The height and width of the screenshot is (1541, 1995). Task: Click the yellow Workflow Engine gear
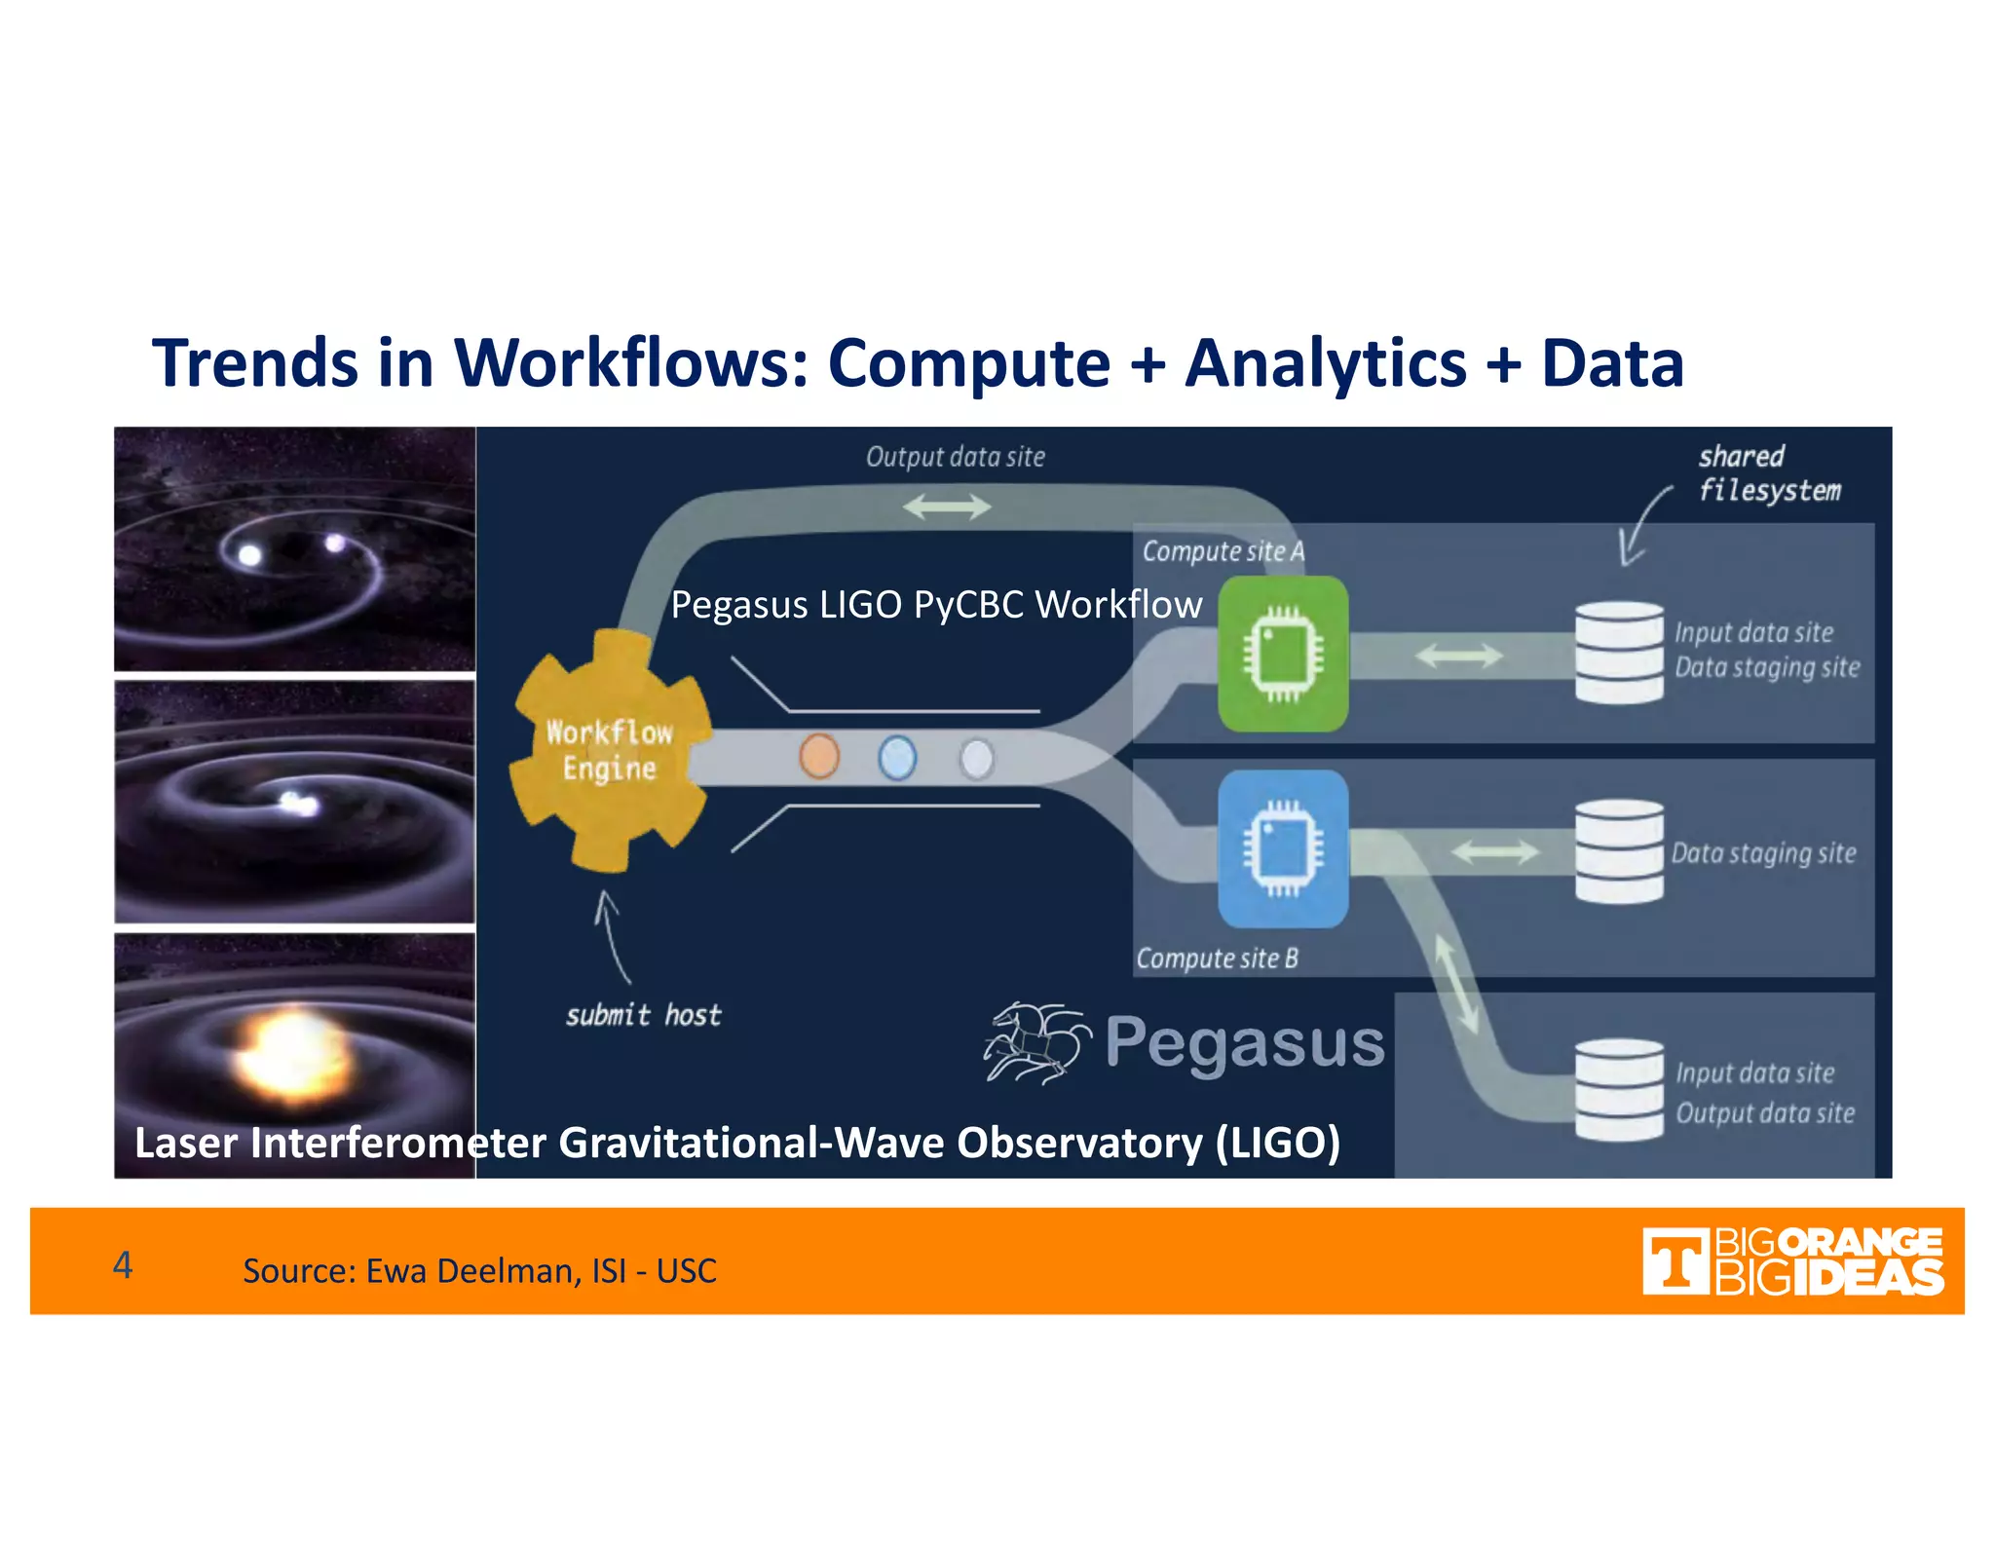click(610, 750)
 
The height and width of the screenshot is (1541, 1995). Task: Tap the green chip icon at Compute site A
click(1283, 654)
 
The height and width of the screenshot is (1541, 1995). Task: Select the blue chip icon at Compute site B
click(1283, 848)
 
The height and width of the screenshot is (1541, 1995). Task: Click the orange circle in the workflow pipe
click(819, 756)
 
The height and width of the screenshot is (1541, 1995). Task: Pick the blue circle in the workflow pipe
click(897, 758)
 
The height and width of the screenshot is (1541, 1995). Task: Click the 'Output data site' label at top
click(955, 457)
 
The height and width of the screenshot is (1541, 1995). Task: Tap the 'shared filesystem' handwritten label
click(1768, 473)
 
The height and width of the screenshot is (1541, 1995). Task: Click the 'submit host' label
click(644, 1015)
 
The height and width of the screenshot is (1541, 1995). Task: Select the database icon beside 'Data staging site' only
click(1619, 851)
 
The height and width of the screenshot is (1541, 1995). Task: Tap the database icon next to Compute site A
click(1619, 652)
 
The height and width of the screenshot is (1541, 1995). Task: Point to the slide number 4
click(123, 1264)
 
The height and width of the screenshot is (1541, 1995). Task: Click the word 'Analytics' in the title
click(1325, 363)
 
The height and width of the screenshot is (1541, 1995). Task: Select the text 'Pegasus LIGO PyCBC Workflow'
click(936, 605)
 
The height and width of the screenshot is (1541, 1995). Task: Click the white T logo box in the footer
click(1675, 1261)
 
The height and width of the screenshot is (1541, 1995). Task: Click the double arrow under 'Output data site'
click(946, 507)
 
